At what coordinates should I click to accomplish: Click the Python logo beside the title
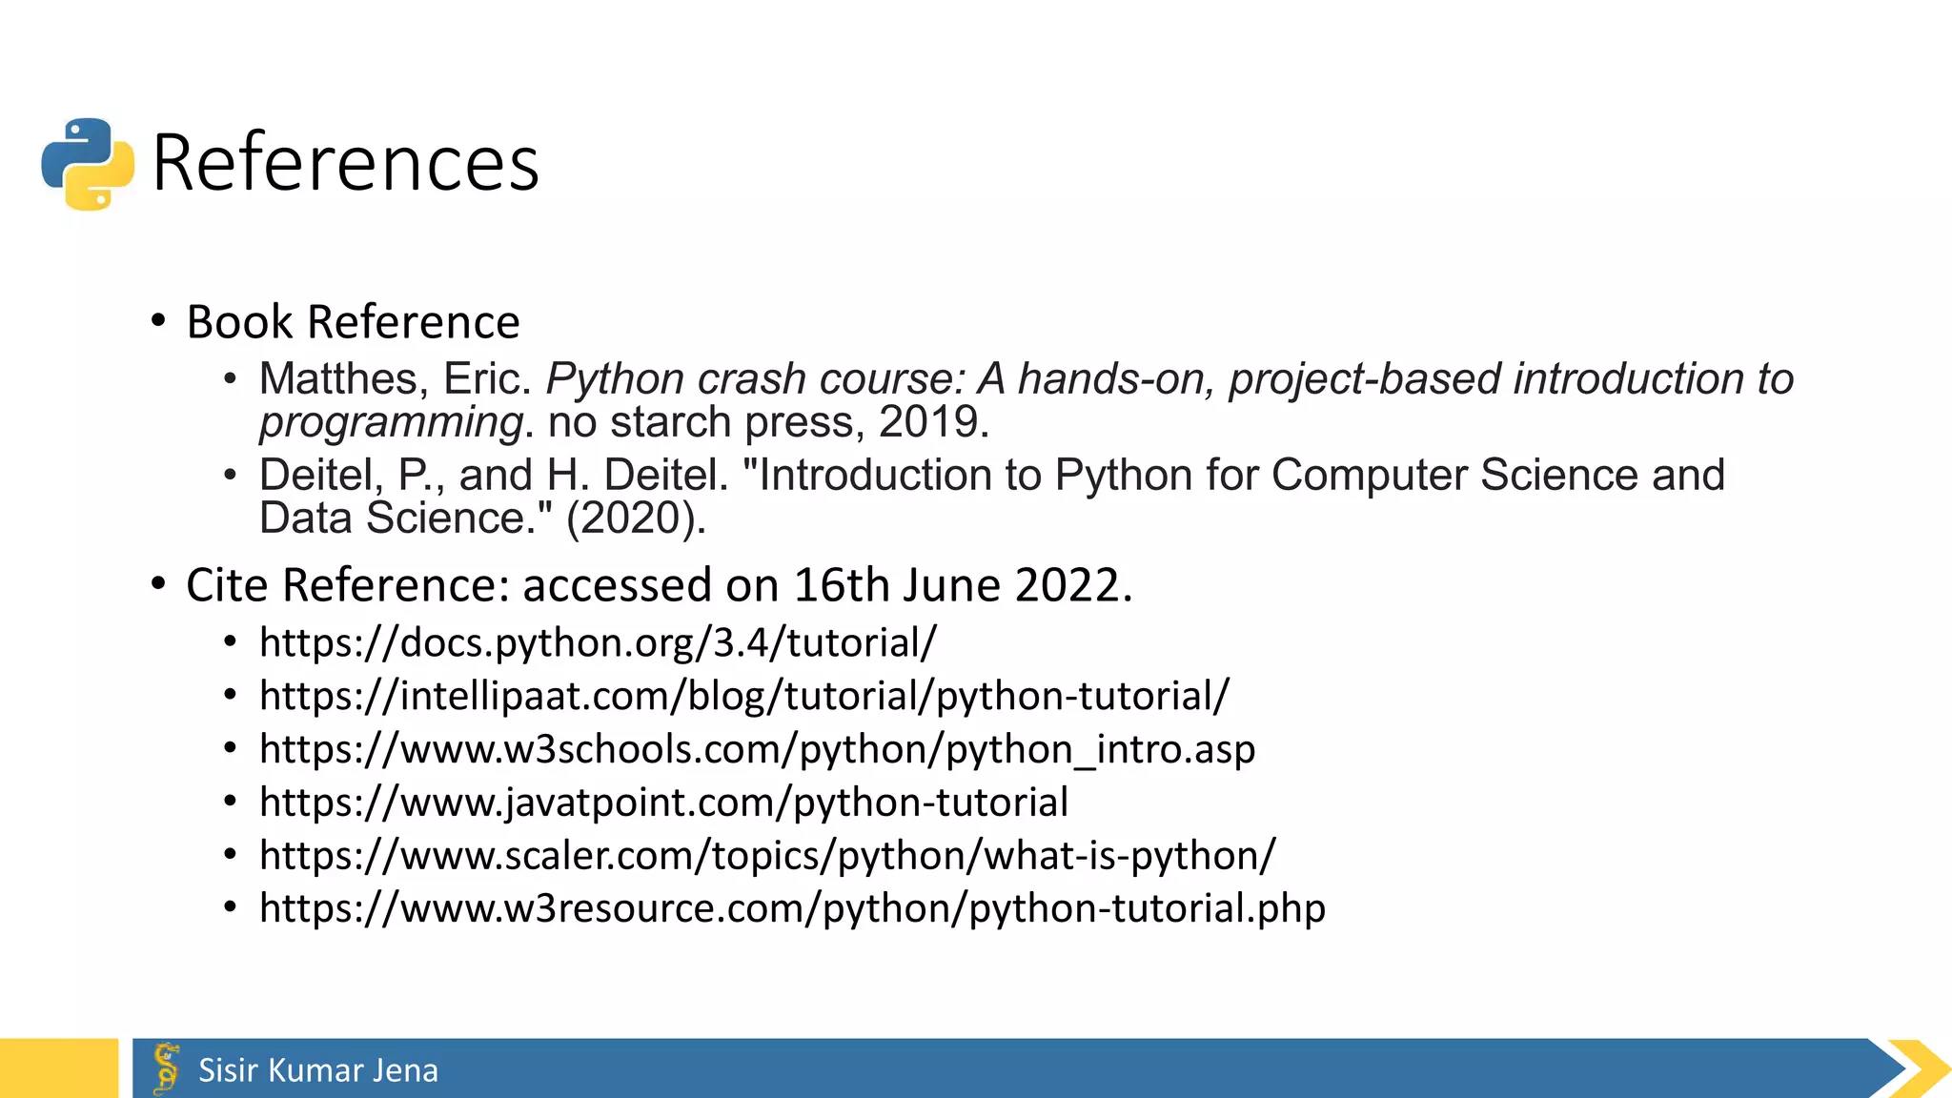[x=88, y=164]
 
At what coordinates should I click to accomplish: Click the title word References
[x=345, y=163]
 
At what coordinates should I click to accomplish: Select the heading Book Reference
[x=353, y=322]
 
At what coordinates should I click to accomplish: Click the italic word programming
[x=391, y=422]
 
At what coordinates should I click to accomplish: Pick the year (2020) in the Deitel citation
[x=636, y=518]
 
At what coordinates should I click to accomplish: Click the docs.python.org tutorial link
[x=598, y=642]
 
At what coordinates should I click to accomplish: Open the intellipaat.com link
[x=743, y=696]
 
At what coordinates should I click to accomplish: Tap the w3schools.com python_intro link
[x=757, y=749]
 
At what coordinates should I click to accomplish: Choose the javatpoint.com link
[x=663, y=803]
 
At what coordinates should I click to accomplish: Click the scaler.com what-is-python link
[x=766, y=856]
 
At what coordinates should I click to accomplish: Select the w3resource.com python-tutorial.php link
[x=791, y=908]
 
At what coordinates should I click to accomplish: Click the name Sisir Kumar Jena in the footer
[x=317, y=1070]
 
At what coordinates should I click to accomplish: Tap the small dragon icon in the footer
[x=167, y=1068]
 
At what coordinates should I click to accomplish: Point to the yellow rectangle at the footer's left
[x=58, y=1068]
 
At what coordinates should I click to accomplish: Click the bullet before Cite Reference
[x=159, y=584]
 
